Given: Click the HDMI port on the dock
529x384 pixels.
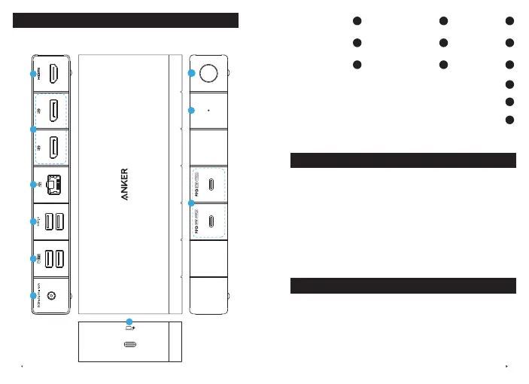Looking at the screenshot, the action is [54, 74].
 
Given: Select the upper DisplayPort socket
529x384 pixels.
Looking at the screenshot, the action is [54, 111].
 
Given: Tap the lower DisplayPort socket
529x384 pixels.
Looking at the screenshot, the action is [54, 148].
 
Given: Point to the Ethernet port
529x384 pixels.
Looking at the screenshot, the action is [53, 184].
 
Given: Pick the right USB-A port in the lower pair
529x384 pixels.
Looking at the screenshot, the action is [60, 258].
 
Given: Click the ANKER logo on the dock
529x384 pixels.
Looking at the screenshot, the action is [125, 184].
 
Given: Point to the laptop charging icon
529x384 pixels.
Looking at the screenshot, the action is [129, 328].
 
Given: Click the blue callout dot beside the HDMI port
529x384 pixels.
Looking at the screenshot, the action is [32, 74].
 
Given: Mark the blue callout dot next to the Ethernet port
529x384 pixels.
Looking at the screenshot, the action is [32, 184].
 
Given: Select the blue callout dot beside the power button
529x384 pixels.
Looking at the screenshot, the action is [192, 74].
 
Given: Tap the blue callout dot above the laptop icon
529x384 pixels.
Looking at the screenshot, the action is [129, 322].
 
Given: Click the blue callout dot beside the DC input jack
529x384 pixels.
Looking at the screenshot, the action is [32, 296].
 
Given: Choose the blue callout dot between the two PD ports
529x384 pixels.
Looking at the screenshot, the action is [192, 204].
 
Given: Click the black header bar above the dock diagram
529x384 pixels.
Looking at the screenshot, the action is [126, 20].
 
